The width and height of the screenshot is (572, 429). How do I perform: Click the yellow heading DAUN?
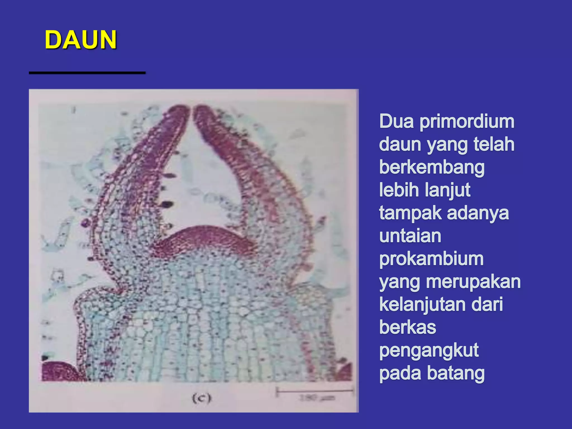(x=80, y=40)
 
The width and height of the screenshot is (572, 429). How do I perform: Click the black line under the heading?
(x=87, y=73)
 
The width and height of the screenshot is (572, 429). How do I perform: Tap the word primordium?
(x=467, y=122)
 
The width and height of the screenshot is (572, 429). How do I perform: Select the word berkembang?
(x=432, y=168)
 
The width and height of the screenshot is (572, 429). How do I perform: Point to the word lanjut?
(x=448, y=190)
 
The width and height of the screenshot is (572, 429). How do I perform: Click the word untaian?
(x=410, y=236)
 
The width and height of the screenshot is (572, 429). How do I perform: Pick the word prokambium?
(x=431, y=259)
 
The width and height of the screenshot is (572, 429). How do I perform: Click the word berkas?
(x=407, y=327)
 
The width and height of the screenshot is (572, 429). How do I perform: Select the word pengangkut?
(x=429, y=351)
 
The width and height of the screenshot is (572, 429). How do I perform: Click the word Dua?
(x=396, y=122)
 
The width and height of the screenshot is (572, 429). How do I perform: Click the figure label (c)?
(x=201, y=398)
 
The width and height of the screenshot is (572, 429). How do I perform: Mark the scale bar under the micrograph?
(x=315, y=391)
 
